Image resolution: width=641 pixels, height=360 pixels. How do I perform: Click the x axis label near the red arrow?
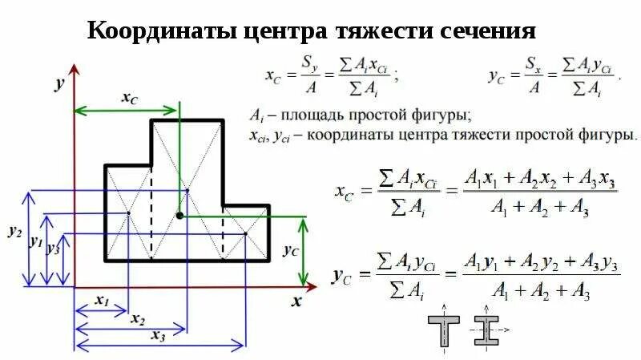[296, 302]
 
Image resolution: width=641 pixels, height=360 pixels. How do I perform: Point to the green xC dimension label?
[129, 97]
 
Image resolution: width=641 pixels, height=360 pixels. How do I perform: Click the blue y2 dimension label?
[14, 231]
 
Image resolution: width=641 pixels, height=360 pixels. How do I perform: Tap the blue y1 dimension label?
[35, 241]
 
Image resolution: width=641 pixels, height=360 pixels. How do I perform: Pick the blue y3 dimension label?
[54, 248]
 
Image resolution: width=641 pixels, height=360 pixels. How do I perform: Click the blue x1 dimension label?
[102, 301]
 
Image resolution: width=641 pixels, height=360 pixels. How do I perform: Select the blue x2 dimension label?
[137, 319]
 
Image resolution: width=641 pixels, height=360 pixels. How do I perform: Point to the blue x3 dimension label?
[157, 337]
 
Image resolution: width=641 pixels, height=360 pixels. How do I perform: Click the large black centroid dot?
[179, 215]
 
